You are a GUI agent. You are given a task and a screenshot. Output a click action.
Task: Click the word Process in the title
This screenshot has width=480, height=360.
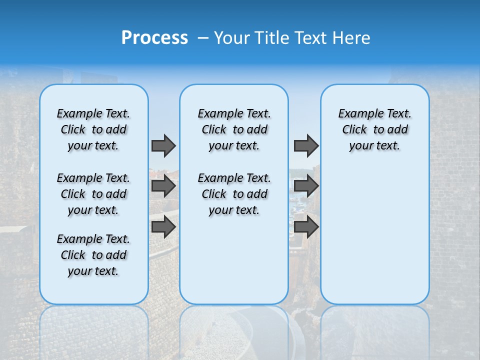pos(154,38)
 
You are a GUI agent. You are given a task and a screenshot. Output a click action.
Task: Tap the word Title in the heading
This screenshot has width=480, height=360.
pos(273,38)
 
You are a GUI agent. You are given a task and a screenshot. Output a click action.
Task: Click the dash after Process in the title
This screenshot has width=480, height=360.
pos(202,38)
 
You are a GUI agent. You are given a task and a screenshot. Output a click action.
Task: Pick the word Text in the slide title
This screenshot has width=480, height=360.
pos(311,38)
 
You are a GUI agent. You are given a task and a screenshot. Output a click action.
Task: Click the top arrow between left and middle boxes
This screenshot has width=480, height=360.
pos(163,145)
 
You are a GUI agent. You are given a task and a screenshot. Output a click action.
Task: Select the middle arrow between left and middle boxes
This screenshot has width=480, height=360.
pos(163,186)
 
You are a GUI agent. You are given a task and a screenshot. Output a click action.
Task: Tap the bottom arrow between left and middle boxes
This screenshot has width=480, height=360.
pos(163,226)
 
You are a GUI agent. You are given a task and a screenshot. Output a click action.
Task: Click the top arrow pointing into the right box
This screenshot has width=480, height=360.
pos(306,145)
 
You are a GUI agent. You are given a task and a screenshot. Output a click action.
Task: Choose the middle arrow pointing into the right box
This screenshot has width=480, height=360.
pos(306,186)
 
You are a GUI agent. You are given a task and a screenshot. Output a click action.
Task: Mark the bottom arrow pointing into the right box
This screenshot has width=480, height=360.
pos(306,226)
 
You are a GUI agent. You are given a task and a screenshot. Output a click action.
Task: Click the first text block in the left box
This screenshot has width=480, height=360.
pos(93,129)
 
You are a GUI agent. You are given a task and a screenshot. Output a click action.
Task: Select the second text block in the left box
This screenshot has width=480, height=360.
pos(93,194)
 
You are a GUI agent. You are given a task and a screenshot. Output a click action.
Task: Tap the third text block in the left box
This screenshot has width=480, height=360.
pos(93,255)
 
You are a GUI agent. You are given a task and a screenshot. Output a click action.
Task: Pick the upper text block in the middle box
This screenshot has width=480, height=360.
pos(234,129)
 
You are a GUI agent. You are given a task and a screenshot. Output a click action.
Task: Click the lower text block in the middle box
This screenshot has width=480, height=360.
pos(234,194)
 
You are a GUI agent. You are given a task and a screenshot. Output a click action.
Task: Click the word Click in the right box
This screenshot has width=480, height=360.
pos(354,129)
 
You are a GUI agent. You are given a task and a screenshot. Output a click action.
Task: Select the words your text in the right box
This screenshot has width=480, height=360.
pos(374,145)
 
